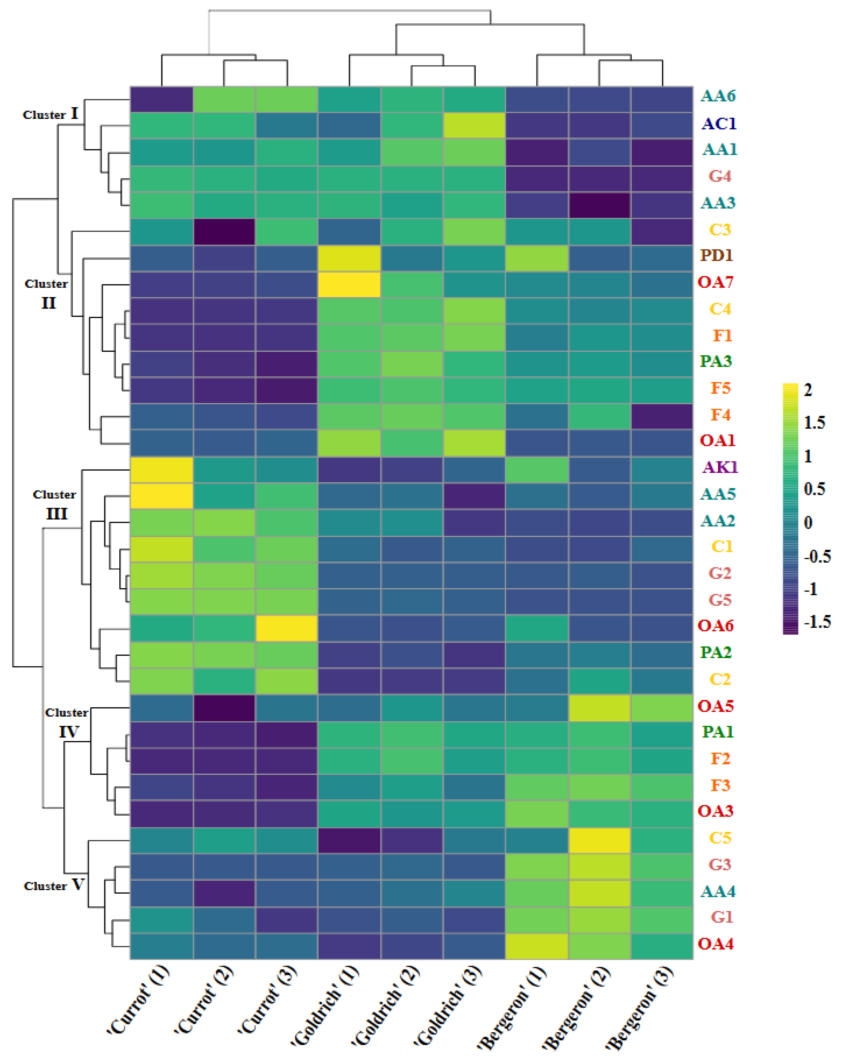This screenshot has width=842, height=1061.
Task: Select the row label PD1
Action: (x=717, y=255)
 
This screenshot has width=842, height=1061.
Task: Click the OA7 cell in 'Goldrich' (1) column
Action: (x=349, y=284)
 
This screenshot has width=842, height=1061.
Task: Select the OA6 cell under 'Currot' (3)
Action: (x=286, y=628)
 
